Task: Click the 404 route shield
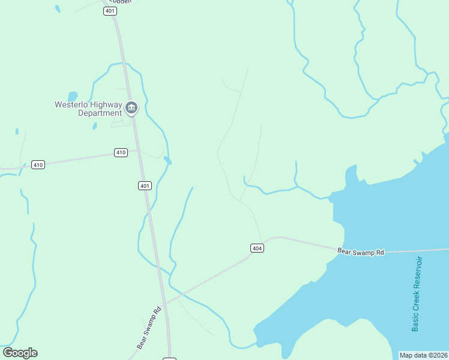coord(257,248)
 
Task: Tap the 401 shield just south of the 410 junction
coord(145,186)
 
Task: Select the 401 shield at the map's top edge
coord(109,11)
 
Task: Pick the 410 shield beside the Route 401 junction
coord(121,152)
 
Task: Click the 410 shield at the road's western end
coord(38,164)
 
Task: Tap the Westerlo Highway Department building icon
coord(131,108)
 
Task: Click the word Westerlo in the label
coord(72,104)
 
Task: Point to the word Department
coord(100,113)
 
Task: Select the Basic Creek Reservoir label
coord(417,294)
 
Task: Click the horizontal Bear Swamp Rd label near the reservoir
coord(360,252)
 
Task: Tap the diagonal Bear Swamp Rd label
coord(149,328)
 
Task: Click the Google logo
coord(20,353)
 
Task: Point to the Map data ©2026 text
coord(423,355)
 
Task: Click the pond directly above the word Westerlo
coord(73,96)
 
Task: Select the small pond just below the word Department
coord(95,126)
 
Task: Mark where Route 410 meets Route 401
coord(137,151)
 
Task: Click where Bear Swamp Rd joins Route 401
coord(165,303)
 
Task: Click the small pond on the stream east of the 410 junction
coord(167,161)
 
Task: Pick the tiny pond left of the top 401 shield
coord(58,8)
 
